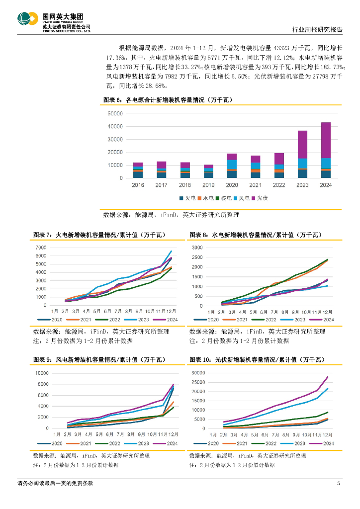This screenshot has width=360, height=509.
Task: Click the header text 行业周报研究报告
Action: click(316, 30)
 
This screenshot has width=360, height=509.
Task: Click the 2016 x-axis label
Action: click(138, 185)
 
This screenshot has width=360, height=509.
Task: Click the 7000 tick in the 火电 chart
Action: click(41, 248)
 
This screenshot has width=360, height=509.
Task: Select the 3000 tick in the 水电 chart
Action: click(197, 248)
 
